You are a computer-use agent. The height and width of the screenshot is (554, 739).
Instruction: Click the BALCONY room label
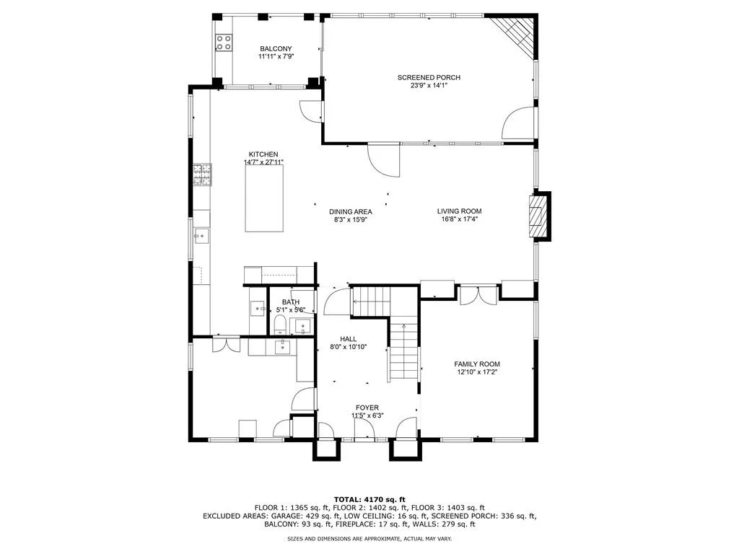click(276, 48)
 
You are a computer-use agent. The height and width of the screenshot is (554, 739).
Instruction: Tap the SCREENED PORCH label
click(429, 77)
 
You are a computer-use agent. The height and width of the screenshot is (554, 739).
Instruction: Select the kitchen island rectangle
click(264, 198)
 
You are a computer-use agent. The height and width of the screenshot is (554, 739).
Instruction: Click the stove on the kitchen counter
click(202, 175)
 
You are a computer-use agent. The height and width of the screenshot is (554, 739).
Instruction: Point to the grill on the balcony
click(224, 42)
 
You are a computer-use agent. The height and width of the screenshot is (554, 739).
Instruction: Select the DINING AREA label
click(351, 211)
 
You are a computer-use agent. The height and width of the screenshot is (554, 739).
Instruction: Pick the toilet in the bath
click(280, 325)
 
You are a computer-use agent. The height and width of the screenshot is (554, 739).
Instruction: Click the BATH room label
click(291, 302)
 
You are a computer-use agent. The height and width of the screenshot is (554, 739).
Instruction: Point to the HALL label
click(349, 339)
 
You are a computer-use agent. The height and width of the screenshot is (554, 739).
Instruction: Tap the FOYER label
click(367, 408)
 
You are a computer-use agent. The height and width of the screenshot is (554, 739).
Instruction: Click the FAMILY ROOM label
click(477, 364)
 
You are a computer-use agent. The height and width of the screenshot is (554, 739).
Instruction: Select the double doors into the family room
click(479, 295)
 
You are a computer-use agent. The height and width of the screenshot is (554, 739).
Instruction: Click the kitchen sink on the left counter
click(202, 235)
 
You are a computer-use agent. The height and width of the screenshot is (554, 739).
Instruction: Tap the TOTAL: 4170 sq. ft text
click(369, 499)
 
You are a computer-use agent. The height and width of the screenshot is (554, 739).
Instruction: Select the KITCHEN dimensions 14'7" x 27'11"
click(263, 162)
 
